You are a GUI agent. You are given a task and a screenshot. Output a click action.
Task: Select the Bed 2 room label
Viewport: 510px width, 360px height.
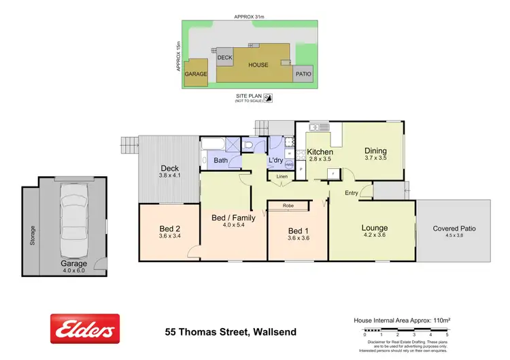169,228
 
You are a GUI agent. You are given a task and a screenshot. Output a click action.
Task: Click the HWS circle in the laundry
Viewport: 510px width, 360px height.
289,165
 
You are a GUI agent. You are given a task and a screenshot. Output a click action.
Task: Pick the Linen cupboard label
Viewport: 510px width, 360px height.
280,177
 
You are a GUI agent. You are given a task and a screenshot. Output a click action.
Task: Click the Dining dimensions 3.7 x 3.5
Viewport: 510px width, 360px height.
375,158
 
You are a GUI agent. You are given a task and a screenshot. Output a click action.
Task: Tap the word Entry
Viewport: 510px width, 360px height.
352,193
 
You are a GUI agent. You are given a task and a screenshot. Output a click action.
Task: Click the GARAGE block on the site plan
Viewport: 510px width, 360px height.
196,75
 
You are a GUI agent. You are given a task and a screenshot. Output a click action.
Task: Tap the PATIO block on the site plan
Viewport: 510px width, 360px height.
303,75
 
